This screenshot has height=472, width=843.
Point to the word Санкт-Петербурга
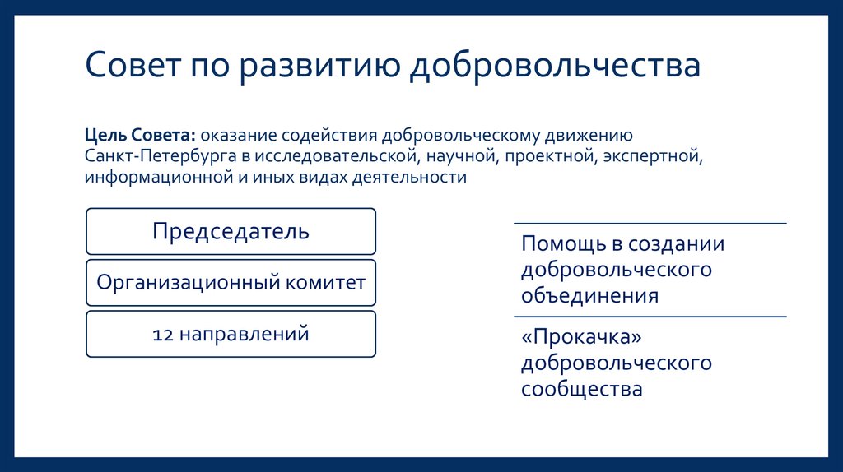click(x=151, y=155)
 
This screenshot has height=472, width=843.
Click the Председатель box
click(x=231, y=231)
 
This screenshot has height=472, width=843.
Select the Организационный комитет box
click(x=231, y=283)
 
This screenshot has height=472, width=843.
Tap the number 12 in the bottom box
click(x=163, y=334)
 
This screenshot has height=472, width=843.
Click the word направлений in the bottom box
click(x=245, y=334)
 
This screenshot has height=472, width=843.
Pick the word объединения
click(x=589, y=295)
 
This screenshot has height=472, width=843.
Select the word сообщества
click(x=581, y=388)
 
